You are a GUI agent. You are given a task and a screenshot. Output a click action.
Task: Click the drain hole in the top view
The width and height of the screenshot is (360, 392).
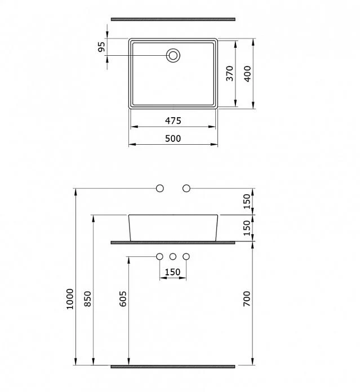pyautogui.click(x=173, y=55)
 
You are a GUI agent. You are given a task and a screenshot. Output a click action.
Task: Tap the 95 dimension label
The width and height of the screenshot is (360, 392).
pyautogui.click(x=101, y=47)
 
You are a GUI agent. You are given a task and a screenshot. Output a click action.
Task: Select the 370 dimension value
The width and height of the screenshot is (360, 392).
pyautogui.click(x=229, y=73)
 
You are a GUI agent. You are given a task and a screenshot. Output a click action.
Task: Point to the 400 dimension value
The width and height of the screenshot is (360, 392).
pyautogui.click(x=247, y=74)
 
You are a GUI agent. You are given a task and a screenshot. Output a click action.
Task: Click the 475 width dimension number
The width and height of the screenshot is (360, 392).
pyautogui.click(x=173, y=121)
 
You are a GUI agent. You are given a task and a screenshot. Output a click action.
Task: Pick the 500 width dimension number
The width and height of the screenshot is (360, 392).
pyautogui.click(x=173, y=138)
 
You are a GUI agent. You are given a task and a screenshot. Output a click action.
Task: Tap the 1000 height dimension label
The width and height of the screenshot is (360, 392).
pyautogui.click(x=70, y=299)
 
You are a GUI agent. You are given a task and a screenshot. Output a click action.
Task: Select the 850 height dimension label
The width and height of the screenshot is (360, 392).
pyautogui.click(x=88, y=299)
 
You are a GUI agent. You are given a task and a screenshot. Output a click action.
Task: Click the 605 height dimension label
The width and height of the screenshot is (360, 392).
pyautogui.click(x=123, y=299)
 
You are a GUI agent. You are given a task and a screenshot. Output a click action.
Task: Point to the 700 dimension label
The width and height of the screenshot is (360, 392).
pyautogui.click(x=247, y=299)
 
